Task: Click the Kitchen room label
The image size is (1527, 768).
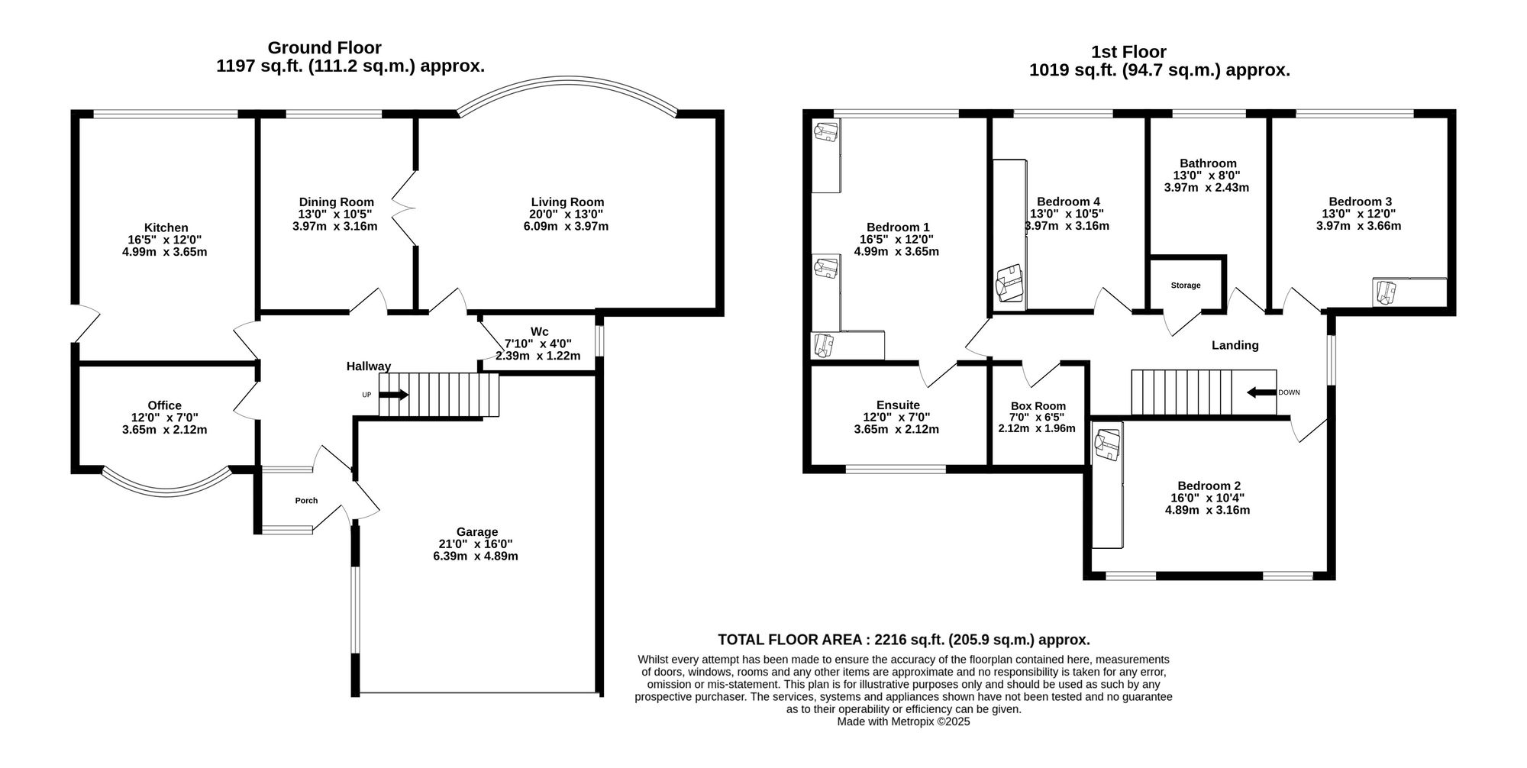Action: point(166,227)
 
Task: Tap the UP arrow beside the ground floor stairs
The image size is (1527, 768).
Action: point(393,395)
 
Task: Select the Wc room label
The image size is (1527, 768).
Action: point(539,331)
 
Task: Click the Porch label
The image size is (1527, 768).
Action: point(306,501)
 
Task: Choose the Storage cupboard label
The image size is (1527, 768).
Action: point(1185,286)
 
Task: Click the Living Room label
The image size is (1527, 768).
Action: point(567,202)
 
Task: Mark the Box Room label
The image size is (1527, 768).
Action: point(1038,406)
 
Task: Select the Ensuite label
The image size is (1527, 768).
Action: point(897,405)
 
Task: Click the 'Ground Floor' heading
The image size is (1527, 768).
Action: point(324,48)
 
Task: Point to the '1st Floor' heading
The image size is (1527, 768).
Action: point(1128,52)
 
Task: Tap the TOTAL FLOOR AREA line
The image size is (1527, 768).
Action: point(903,640)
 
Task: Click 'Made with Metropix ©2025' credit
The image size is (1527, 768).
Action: point(903,721)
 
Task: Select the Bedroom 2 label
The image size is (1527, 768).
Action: point(1208,486)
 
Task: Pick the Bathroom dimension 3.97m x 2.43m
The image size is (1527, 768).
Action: point(1206,187)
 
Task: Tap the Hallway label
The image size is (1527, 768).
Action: point(368,366)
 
